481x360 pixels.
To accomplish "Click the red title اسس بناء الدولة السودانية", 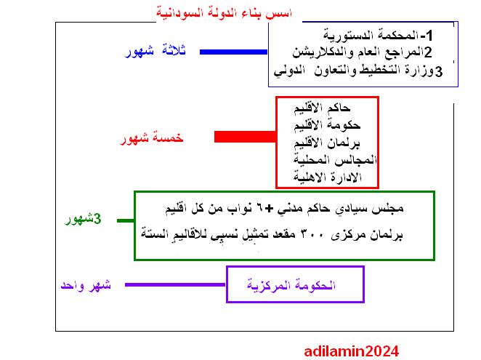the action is (x=225, y=14).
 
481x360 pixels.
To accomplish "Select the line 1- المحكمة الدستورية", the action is (x=378, y=36).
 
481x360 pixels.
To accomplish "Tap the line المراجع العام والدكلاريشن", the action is (x=363, y=52).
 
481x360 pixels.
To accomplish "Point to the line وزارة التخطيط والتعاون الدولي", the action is (x=358, y=71).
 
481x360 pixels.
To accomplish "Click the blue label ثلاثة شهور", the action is (x=155, y=51).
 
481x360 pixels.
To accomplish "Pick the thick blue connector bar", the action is (x=233, y=52).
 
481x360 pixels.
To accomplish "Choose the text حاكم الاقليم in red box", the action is (x=322, y=108).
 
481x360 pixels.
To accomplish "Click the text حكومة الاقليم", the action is (x=327, y=125).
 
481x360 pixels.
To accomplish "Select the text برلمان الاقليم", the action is (x=327, y=143).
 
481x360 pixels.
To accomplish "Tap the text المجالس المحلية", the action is (x=335, y=160).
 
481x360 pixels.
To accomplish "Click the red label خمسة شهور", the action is (x=151, y=138).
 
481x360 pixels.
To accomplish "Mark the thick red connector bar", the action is (x=245, y=137).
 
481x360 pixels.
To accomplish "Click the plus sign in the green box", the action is (x=269, y=209).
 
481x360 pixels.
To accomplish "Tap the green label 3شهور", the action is (x=83, y=220).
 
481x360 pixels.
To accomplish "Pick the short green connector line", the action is (x=126, y=220).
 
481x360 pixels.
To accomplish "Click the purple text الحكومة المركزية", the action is (x=291, y=285).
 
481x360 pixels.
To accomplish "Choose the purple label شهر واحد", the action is (x=86, y=286).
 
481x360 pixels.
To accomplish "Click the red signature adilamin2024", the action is (x=352, y=351).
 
